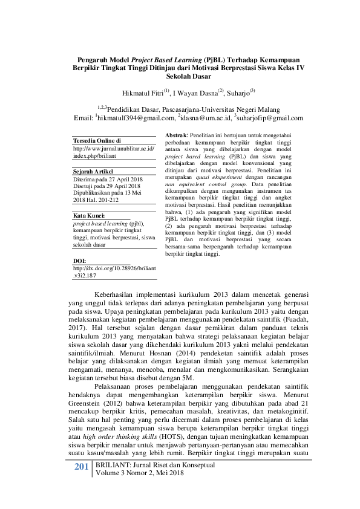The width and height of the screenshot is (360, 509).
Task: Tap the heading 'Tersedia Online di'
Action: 97,140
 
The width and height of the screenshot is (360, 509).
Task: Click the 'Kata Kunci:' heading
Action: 88,215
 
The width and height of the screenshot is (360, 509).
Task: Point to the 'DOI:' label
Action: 79,261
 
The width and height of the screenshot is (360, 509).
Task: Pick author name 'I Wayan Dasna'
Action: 196,94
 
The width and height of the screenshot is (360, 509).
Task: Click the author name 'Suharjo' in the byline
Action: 239,94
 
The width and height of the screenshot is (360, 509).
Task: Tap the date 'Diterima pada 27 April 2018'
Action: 107,180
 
